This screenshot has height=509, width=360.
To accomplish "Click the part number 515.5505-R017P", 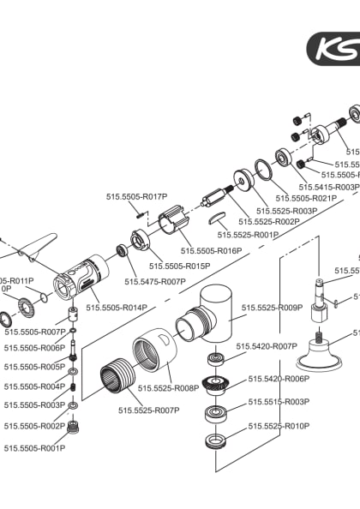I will tap(136, 196).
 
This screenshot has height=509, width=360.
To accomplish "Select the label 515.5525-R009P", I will tap(272, 308).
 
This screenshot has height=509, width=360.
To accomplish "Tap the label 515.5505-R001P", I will tap(34, 447).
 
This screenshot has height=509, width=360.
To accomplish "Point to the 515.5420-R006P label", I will tap(279, 378).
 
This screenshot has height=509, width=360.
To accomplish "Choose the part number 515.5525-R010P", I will tap(279, 426).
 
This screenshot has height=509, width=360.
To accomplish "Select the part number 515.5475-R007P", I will tap(155, 281).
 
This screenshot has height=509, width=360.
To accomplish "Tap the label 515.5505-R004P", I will tap(34, 386).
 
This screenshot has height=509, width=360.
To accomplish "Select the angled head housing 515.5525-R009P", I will tap(210, 318).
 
